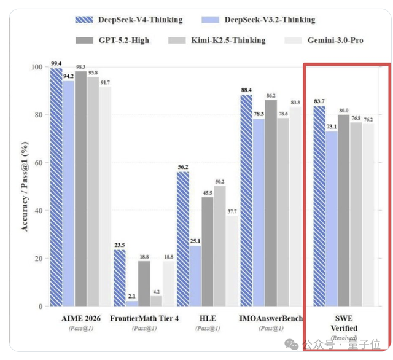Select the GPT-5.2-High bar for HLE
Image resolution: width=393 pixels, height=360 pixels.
(x=207, y=252)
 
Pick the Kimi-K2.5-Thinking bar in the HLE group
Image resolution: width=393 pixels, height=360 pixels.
(x=220, y=246)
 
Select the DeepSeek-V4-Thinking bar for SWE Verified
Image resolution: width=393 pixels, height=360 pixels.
(x=319, y=206)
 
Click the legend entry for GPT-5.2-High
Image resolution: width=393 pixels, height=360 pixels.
(x=123, y=40)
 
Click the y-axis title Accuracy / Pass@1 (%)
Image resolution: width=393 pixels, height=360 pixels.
(x=25, y=186)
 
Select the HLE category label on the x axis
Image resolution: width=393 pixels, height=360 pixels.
(x=207, y=319)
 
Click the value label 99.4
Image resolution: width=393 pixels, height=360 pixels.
(x=56, y=63)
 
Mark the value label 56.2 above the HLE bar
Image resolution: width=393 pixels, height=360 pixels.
(x=182, y=166)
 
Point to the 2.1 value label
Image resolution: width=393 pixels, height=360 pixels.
(x=132, y=296)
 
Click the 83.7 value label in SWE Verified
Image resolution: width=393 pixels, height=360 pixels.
(x=319, y=101)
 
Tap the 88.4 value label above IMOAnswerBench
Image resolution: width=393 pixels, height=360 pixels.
(x=246, y=90)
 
